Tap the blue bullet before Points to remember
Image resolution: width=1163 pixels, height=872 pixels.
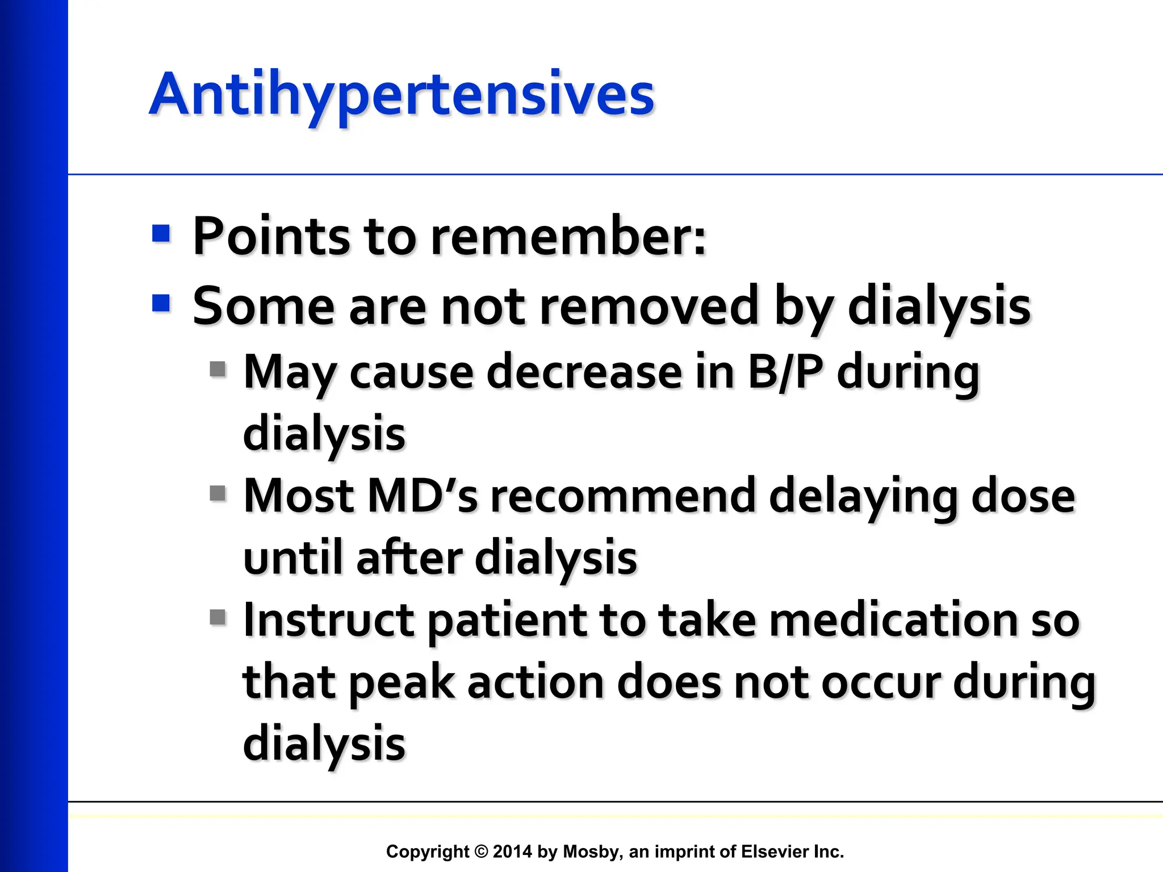tap(161, 233)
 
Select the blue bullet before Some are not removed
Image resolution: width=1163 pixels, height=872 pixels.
tap(161, 303)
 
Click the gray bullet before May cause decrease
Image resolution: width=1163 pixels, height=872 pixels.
tap(217, 370)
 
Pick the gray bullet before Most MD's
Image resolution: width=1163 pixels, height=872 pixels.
tap(217, 493)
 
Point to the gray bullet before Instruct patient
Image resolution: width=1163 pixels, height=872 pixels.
tap(217, 617)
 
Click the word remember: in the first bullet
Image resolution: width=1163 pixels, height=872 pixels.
tap(568, 236)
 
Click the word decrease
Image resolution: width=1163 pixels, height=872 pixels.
tap(584, 372)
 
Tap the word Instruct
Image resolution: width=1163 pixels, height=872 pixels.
tap(328, 620)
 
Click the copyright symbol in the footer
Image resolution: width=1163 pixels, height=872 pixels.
tap(481, 852)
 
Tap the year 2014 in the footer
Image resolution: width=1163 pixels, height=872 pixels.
tap(512, 852)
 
